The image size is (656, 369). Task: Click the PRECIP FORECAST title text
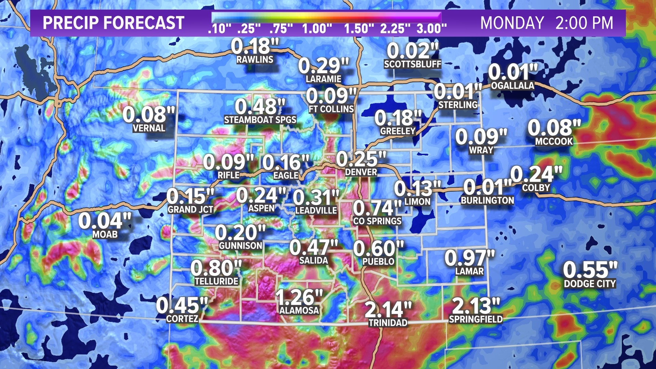(113, 23)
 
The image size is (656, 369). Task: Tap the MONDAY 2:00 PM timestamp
(547, 23)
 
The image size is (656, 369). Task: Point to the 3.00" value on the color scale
(432, 29)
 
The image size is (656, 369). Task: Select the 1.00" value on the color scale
(317, 29)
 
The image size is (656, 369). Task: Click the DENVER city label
(361, 172)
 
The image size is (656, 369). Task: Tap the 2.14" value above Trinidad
(388, 310)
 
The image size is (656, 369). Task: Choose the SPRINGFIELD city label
(476, 319)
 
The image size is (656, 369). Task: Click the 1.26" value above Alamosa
(299, 297)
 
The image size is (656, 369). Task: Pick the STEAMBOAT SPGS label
(260, 120)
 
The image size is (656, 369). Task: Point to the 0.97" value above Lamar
(469, 258)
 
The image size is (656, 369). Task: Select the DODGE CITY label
(590, 284)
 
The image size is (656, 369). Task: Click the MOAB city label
(105, 235)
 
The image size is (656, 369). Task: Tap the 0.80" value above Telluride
(216, 268)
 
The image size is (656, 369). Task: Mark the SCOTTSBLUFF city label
(413, 64)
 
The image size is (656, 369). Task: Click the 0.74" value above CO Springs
(377, 208)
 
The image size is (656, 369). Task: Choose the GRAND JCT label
(190, 210)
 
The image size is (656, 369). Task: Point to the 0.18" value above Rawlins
(255, 46)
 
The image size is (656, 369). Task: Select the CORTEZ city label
(182, 319)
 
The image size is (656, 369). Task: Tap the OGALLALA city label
(512, 86)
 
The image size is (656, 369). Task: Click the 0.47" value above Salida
(314, 247)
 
